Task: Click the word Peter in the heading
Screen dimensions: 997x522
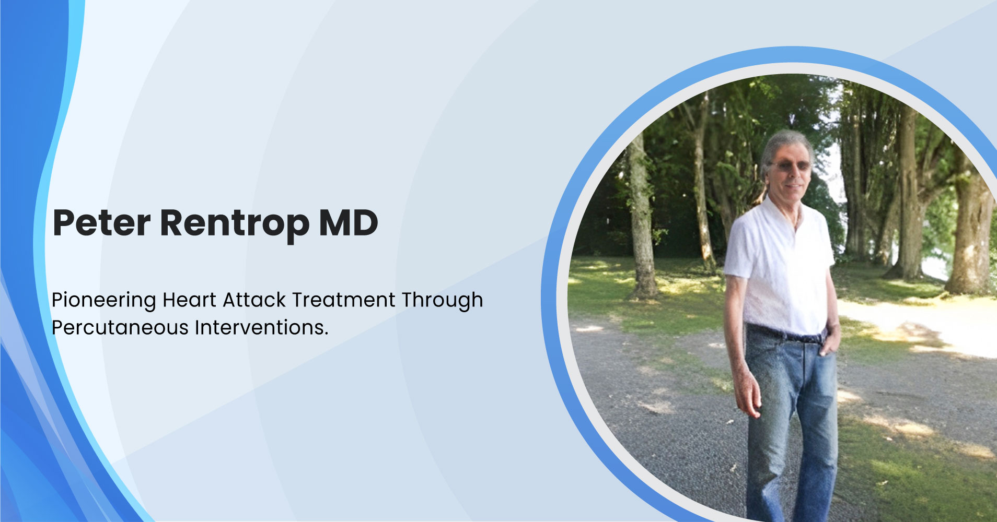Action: pos(102,223)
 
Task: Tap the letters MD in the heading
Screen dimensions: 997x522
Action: pos(349,223)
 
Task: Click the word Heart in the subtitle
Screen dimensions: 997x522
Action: pos(189,300)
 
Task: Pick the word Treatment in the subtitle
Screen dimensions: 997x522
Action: pos(344,300)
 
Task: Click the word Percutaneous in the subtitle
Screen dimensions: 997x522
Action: pos(120,328)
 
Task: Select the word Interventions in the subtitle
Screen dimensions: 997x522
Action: pos(259,327)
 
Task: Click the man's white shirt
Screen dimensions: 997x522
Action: pos(780,266)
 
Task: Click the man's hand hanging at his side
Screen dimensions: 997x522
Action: pos(748,394)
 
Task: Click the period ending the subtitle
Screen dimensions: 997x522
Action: pos(326,334)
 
